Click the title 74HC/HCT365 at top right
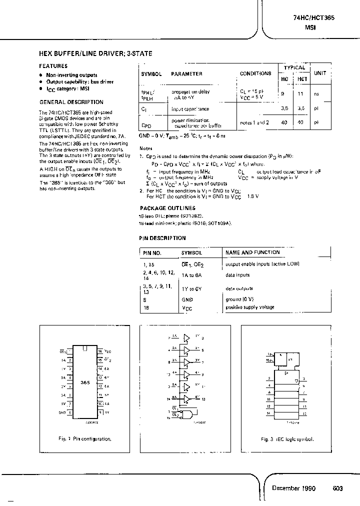[314, 17]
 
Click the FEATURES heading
[53, 66]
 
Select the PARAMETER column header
[186, 73]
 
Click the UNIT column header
[320, 73]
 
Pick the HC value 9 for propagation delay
[283, 93]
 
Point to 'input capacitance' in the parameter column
[190, 108]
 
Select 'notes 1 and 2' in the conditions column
[254, 122]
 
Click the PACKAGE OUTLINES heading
[167, 208]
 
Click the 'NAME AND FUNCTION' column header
[252, 252]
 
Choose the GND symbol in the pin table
[187, 299]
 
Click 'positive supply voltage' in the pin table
[249, 307]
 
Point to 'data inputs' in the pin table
[237, 275]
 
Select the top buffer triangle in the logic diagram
[187, 337]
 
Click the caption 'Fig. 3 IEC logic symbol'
[287, 439]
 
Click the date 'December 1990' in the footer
[293, 488]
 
